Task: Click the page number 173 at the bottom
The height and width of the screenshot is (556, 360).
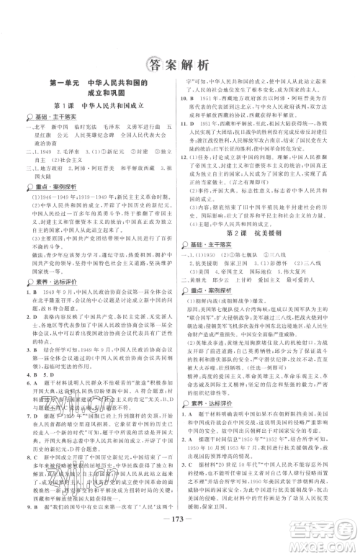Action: pyautogui.click(x=180, y=535)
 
